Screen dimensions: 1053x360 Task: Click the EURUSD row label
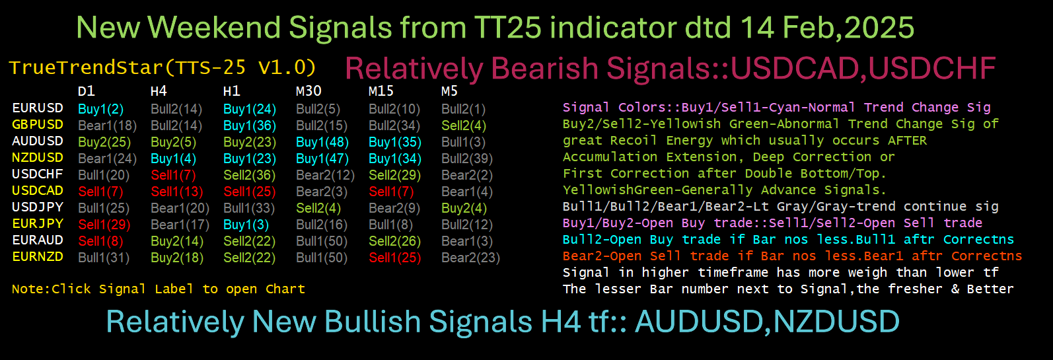38,108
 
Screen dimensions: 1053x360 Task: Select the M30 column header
309,90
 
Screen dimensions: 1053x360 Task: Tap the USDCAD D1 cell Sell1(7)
100,192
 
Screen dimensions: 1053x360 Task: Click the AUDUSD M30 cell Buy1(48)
322,143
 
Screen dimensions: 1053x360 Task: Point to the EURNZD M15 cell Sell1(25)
395,258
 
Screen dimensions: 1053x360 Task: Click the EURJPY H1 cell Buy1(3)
246,225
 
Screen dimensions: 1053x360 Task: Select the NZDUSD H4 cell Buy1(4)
174,159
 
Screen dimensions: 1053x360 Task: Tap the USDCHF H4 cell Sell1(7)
174,175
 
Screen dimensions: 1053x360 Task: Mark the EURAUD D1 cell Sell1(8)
100,241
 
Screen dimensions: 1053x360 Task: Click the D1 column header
87,90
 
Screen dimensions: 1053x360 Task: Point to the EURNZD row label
38,256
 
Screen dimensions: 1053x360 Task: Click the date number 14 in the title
756,27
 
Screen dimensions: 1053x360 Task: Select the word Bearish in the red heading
545,68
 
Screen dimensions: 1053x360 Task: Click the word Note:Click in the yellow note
52,289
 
